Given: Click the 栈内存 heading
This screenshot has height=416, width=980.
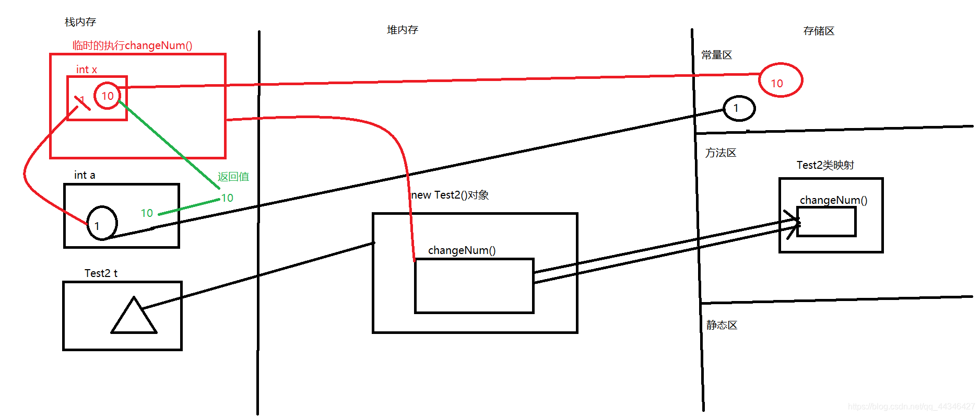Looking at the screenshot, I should pyautogui.click(x=80, y=22).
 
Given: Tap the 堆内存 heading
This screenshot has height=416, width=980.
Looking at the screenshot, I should pyautogui.click(x=403, y=30).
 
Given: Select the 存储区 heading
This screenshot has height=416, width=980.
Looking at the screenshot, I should pyautogui.click(x=819, y=31).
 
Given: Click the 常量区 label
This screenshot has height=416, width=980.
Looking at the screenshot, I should pyautogui.click(x=716, y=55).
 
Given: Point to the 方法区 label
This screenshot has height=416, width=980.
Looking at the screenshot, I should pyautogui.click(x=721, y=153).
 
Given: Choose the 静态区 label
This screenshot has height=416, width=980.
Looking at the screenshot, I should pyautogui.click(x=722, y=325).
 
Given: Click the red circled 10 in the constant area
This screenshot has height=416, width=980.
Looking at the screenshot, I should pyautogui.click(x=780, y=80).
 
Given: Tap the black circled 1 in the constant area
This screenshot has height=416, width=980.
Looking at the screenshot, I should pyautogui.click(x=739, y=108).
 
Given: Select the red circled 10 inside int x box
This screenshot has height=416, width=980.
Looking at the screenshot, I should pyautogui.click(x=108, y=96).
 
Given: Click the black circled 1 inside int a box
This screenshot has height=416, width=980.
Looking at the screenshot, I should pyautogui.click(x=102, y=223).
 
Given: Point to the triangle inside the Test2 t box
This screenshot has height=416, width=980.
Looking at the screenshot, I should pyautogui.click(x=134, y=318).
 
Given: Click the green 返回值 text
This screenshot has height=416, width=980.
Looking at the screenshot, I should pyautogui.click(x=233, y=177).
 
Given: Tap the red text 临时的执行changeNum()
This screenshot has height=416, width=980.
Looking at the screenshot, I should pyautogui.click(x=132, y=45).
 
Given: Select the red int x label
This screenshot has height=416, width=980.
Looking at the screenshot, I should pyautogui.click(x=87, y=70).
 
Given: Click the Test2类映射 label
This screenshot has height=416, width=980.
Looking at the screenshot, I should pyautogui.click(x=825, y=165).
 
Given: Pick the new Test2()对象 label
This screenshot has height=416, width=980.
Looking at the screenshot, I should pyautogui.click(x=450, y=195).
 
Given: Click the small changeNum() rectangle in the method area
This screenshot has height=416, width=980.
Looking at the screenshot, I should pyautogui.click(x=826, y=222).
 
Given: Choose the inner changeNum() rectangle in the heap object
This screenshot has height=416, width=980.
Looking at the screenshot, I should pyautogui.click(x=474, y=286).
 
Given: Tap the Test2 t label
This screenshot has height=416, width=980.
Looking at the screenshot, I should pyautogui.click(x=101, y=273).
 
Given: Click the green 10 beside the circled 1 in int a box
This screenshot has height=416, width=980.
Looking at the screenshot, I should pyautogui.click(x=147, y=213).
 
